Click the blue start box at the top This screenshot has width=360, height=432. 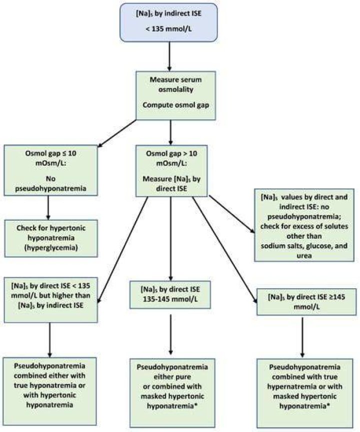point(168,22)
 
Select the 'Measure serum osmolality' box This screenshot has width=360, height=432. point(175,95)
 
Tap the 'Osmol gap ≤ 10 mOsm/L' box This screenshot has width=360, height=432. point(51,170)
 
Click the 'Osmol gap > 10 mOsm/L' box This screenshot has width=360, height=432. point(171,171)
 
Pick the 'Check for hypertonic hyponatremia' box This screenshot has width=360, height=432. point(51,238)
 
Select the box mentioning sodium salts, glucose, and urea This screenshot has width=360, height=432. point(304,225)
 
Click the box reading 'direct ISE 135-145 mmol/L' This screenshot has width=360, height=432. point(170,295)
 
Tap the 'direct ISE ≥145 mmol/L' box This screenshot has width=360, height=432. point(306,302)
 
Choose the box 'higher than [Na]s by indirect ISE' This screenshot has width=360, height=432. point(51,300)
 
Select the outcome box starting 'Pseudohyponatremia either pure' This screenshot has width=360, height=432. point(172,393)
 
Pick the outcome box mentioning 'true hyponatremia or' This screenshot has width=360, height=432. point(49,392)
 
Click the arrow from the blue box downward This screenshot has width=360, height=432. point(169,56)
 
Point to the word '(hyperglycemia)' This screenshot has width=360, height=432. point(51,248)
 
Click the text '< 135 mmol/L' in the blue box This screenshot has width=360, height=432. point(169,28)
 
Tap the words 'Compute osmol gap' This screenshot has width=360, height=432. point(175,105)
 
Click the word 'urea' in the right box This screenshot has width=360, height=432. point(304,256)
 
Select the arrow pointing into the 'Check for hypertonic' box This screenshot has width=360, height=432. point(48,208)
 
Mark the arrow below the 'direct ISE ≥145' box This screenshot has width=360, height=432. point(302,337)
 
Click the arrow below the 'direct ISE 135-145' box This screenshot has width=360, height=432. point(171,334)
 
